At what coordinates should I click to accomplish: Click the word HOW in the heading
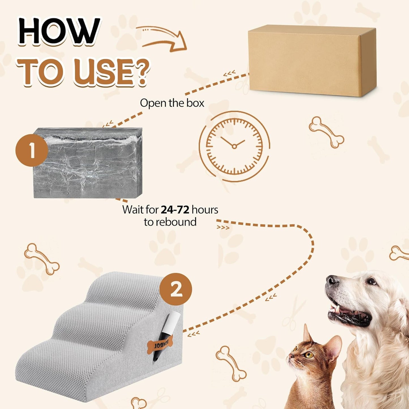59,31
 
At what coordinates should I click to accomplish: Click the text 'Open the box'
172,103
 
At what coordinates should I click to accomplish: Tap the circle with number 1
31,150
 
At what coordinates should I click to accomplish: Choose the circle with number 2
175,289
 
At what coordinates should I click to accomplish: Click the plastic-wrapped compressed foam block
88,163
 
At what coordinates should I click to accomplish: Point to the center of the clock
234,146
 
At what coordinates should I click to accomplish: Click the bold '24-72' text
175,210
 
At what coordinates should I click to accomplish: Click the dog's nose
331,280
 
